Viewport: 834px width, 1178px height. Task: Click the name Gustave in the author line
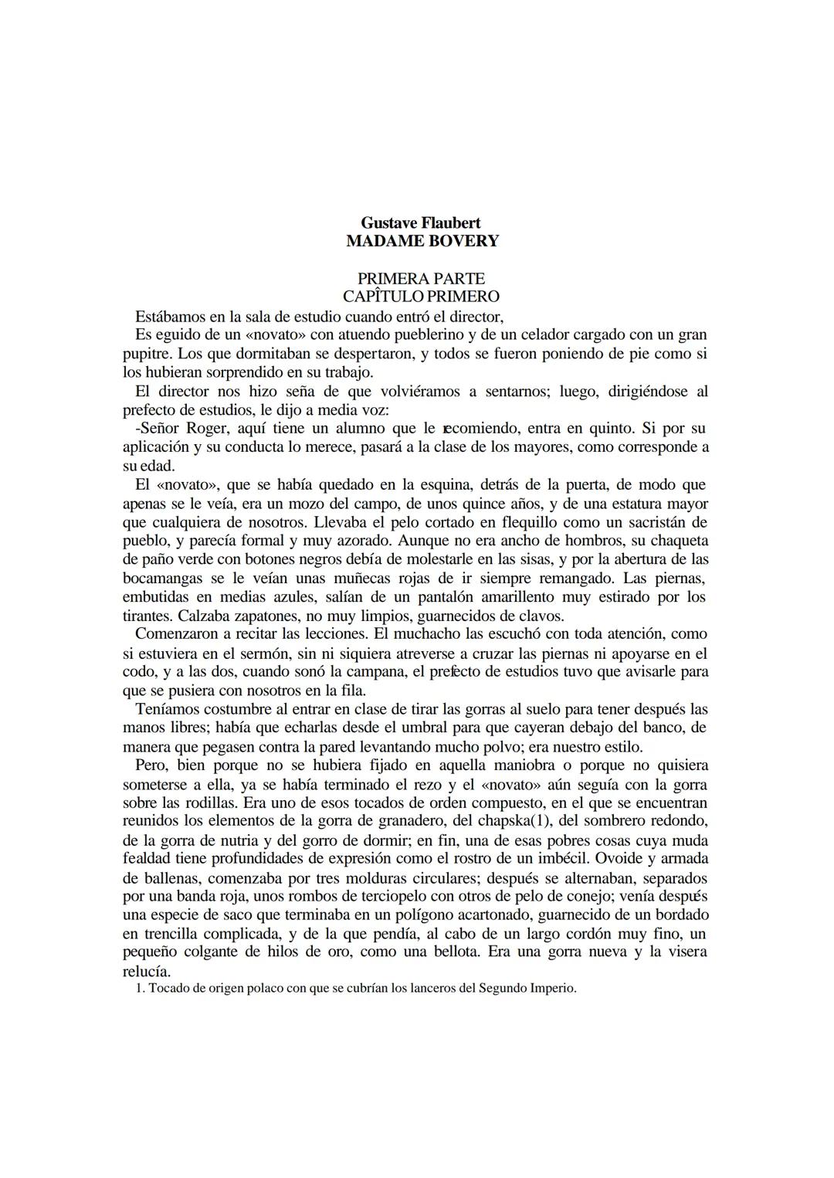tap(388, 222)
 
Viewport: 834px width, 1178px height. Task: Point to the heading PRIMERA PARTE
tap(421, 278)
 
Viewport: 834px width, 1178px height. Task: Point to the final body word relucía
tap(147, 971)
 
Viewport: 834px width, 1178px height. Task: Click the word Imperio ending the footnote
tap(552, 989)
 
